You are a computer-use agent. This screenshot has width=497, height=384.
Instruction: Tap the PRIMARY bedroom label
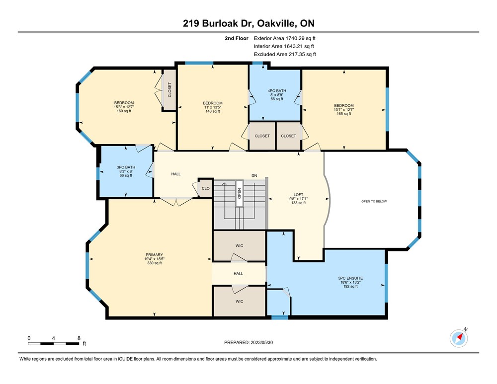(x=155, y=255)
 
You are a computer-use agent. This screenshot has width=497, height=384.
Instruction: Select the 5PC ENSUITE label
(x=350, y=278)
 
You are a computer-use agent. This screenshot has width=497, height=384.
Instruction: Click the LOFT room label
(x=298, y=195)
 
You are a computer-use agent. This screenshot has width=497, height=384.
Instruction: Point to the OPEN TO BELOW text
(x=374, y=201)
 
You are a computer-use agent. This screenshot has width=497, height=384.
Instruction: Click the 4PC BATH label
(x=277, y=90)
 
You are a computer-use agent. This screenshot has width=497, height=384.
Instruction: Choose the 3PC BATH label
(x=126, y=167)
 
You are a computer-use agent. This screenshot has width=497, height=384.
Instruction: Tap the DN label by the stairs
(x=254, y=175)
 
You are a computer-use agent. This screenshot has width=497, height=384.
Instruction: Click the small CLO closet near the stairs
(x=206, y=188)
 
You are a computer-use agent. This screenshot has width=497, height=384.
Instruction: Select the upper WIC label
(x=240, y=245)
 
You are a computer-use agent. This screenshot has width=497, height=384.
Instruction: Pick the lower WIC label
(x=240, y=302)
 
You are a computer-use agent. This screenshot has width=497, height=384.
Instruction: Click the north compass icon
(x=459, y=338)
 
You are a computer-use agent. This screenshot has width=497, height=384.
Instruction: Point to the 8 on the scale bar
(x=79, y=338)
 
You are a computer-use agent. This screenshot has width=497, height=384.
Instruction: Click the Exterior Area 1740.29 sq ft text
(x=285, y=38)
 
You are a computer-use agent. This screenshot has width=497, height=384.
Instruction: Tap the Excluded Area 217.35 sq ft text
(x=285, y=54)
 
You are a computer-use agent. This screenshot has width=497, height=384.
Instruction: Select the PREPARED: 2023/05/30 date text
(x=248, y=342)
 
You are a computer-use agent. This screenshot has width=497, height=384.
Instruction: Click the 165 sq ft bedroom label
(x=344, y=114)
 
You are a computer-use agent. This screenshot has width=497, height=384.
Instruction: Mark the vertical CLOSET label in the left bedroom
(x=169, y=89)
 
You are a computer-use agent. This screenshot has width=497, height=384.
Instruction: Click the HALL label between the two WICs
(x=239, y=273)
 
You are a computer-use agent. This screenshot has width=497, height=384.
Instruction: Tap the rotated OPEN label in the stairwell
(x=240, y=193)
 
